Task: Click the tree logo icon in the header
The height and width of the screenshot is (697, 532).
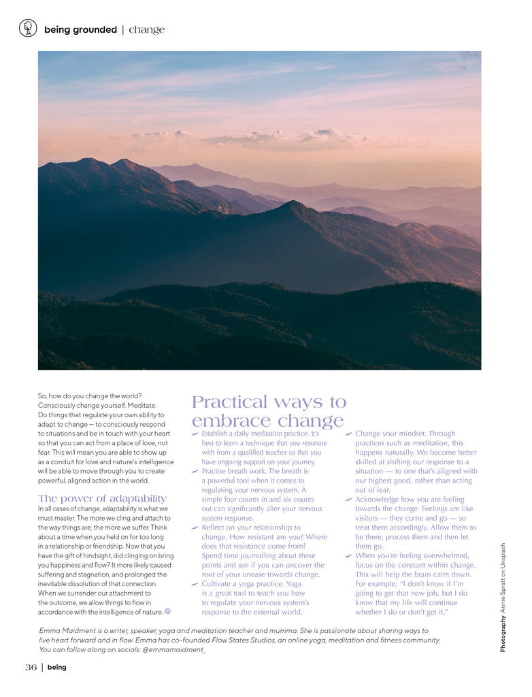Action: coord(28,28)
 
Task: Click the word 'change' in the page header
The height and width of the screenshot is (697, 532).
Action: coord(146,30)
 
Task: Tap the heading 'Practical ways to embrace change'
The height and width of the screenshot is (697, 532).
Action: coord(269,411)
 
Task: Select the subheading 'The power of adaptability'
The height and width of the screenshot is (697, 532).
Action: coord(102,498)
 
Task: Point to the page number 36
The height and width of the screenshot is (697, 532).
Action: coord(31,667)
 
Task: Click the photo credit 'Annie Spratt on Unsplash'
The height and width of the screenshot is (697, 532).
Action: coord(503,579)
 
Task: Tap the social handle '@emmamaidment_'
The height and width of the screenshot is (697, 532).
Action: coord(173,649)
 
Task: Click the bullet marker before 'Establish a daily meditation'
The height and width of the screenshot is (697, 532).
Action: coord(195,434)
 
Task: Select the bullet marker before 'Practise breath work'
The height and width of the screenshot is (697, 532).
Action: coord(195,471)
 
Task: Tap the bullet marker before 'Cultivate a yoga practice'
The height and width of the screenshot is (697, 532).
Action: coord(195,584)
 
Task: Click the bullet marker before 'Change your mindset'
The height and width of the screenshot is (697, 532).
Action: coord(348,434)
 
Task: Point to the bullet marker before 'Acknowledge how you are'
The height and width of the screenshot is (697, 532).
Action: coord(348,500)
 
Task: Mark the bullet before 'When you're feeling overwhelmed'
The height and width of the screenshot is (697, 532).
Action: coord(348,556)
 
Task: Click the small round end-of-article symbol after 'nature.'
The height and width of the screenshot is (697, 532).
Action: coord(167,611)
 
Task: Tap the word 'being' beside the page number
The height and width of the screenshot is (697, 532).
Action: coord(57,667)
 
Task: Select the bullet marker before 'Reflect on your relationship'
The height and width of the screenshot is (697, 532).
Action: coord(195,528)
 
